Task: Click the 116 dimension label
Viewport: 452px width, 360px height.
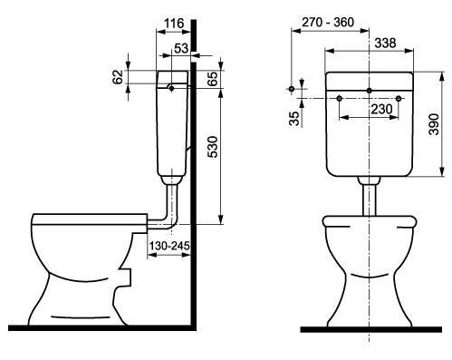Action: pyautogui.click(x=174, y=24)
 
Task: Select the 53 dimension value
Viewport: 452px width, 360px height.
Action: pyautogui.click(x=181, y=48)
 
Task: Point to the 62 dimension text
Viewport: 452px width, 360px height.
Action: pyautogui.click(x=119, y=77)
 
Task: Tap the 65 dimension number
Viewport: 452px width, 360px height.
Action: pyautogui.click(x=213, y=79)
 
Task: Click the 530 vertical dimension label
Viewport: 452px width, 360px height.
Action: pyautogui.click(x=213, y=147)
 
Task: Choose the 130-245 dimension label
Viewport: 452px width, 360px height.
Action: pyautogui.click(x=169, y=246)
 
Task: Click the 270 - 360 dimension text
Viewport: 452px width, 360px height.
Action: pyautogui.click(x=328, y=22)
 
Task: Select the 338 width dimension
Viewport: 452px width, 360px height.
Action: pyautogui.click(x=385, y=43)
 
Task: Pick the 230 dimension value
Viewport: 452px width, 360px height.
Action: pyautogui.click(x=381, y=109)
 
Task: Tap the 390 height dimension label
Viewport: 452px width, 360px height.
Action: pyautogui.click(x=434, y=124)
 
